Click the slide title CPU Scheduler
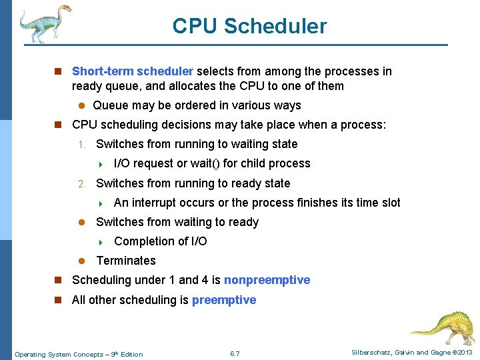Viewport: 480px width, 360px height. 249,26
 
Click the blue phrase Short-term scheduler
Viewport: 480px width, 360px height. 132,71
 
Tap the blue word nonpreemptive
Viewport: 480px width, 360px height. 267,280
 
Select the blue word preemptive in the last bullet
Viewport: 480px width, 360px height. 224,300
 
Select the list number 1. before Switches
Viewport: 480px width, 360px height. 81,145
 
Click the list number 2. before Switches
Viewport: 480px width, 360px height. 81,184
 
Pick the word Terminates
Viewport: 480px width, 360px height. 126,261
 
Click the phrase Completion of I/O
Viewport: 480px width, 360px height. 161,241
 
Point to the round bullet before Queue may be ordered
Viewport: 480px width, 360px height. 81,106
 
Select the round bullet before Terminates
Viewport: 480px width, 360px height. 81,261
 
